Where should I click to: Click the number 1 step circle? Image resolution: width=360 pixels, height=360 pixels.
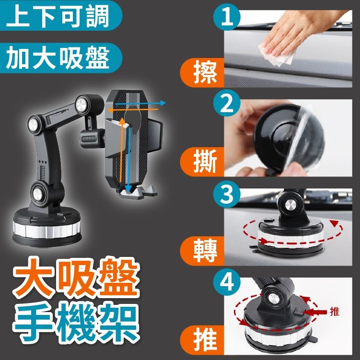click(x=227, y=17)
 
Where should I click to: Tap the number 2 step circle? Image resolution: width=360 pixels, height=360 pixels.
click(x=227, y=103)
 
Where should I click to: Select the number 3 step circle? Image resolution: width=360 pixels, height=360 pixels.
click(x=227, y=194)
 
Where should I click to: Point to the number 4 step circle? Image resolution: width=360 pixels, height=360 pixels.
click(x=227, y=282)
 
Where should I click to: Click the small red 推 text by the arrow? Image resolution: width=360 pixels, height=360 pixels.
click(x=334, y=312)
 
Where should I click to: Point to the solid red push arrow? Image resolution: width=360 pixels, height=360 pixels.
click(x=315, y=312)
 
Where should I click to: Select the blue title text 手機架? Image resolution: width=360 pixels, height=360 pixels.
click(x=76, y=322)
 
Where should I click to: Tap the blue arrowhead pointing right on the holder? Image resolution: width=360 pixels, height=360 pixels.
click(x=163, y=103)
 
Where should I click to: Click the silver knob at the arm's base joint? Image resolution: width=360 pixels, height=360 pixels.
click(x=37, y=194)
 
